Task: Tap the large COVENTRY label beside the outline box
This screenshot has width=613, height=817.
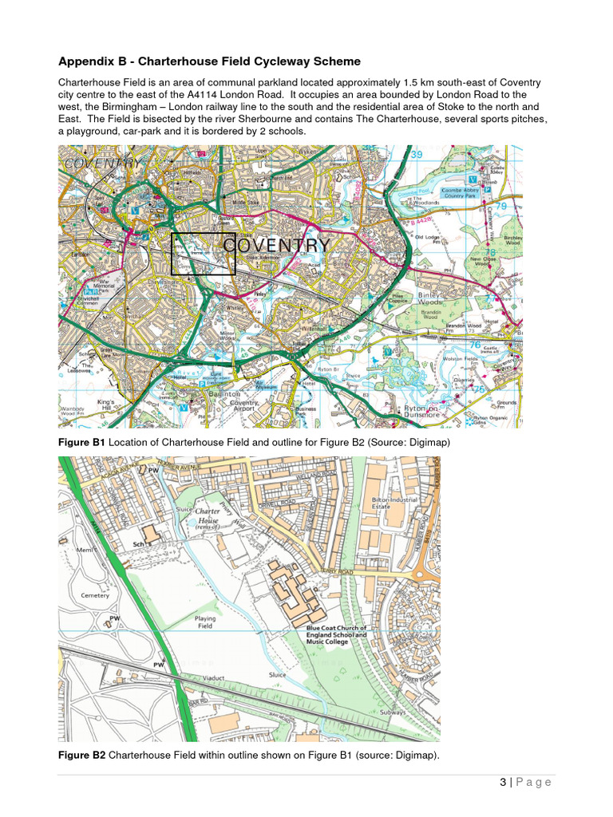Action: (x=276, y=245)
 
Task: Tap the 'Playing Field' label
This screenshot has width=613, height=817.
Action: (x=205, y=622)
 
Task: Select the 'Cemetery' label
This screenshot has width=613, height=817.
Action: (x=95, y=595)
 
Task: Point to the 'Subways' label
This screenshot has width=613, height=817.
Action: (x=393, y=712)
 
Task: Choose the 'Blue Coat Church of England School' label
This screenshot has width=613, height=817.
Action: (x=338, y=635)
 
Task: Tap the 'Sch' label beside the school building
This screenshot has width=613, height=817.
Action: (x=137, y=544)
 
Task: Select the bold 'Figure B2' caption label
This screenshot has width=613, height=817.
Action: (x=81, y=755)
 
